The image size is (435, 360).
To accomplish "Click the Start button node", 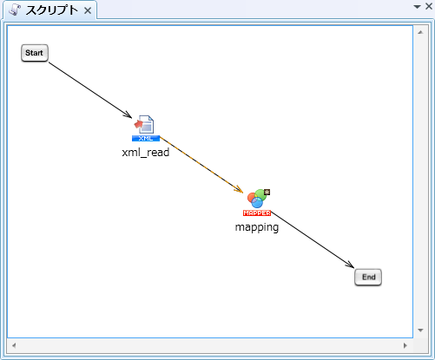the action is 35,53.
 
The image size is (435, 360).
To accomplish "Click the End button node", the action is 368,278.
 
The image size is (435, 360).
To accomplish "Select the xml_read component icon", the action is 146,128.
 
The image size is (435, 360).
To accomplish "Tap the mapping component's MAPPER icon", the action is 257,202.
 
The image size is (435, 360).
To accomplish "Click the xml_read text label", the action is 146,153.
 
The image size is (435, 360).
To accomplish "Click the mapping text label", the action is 257,227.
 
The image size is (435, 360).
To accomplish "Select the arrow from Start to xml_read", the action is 90,90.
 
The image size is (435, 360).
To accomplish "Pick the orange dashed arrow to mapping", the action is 201,165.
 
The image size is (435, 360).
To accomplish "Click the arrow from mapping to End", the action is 313,239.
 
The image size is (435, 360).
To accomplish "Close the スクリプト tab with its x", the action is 88,10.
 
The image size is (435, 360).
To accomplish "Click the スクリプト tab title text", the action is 52,10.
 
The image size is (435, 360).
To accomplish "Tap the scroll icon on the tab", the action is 15,10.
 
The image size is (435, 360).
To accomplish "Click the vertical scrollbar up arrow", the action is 420,32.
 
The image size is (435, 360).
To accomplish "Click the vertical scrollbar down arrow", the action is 420,330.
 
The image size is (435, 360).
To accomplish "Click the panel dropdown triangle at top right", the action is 417,7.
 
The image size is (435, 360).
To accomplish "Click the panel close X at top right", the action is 429,6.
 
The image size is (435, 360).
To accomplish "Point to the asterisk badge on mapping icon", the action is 267,192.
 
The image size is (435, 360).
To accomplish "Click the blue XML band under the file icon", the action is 146,138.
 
